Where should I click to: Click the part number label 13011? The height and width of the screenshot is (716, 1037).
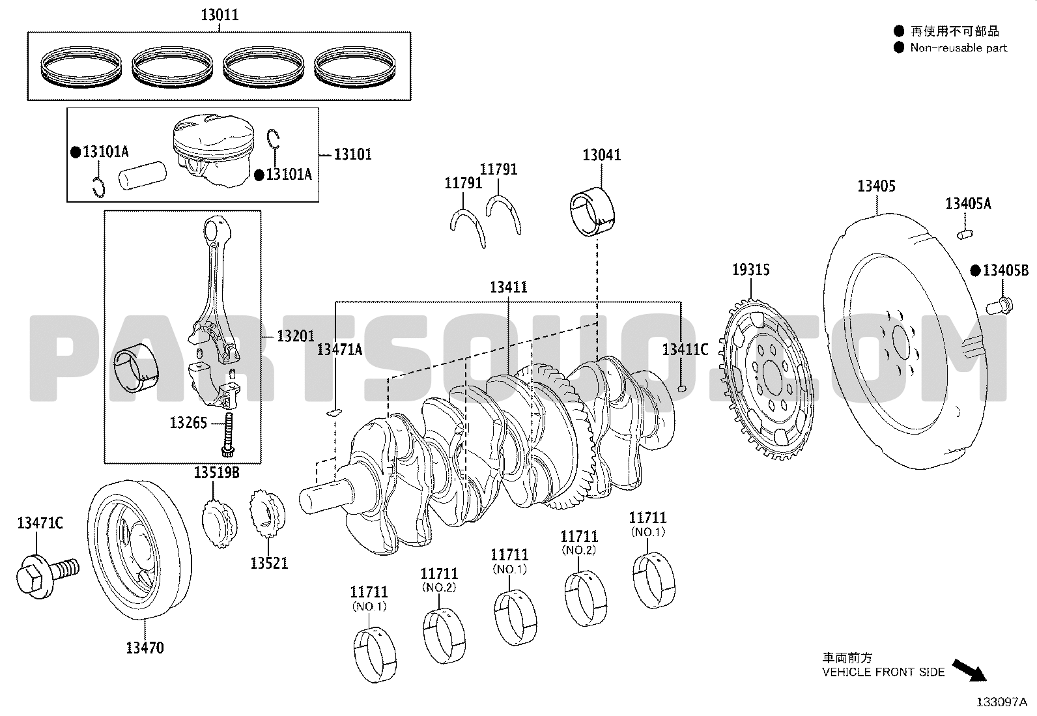220,15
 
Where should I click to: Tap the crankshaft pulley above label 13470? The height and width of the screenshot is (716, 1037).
139,549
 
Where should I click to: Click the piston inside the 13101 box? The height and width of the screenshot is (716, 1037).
214,149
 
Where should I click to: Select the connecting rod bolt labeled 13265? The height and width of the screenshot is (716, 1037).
228,435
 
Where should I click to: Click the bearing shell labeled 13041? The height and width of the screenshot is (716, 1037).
592,212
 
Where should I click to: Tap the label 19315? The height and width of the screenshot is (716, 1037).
750,270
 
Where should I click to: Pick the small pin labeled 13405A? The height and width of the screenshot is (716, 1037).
965,235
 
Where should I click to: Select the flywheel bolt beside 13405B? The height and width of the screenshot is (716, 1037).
999,306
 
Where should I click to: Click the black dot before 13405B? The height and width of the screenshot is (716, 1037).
975,270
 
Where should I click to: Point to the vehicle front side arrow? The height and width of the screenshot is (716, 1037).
969,670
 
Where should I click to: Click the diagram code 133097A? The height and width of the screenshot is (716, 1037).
1001,702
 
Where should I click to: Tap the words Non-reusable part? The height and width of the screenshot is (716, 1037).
958,48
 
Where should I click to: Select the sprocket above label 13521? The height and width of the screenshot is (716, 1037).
267,514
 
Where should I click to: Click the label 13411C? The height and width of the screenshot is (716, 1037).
685,349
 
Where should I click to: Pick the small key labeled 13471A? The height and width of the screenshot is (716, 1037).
334,412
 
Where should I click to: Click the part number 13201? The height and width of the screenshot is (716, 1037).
295,336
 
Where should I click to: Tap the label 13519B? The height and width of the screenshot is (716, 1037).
216,472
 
